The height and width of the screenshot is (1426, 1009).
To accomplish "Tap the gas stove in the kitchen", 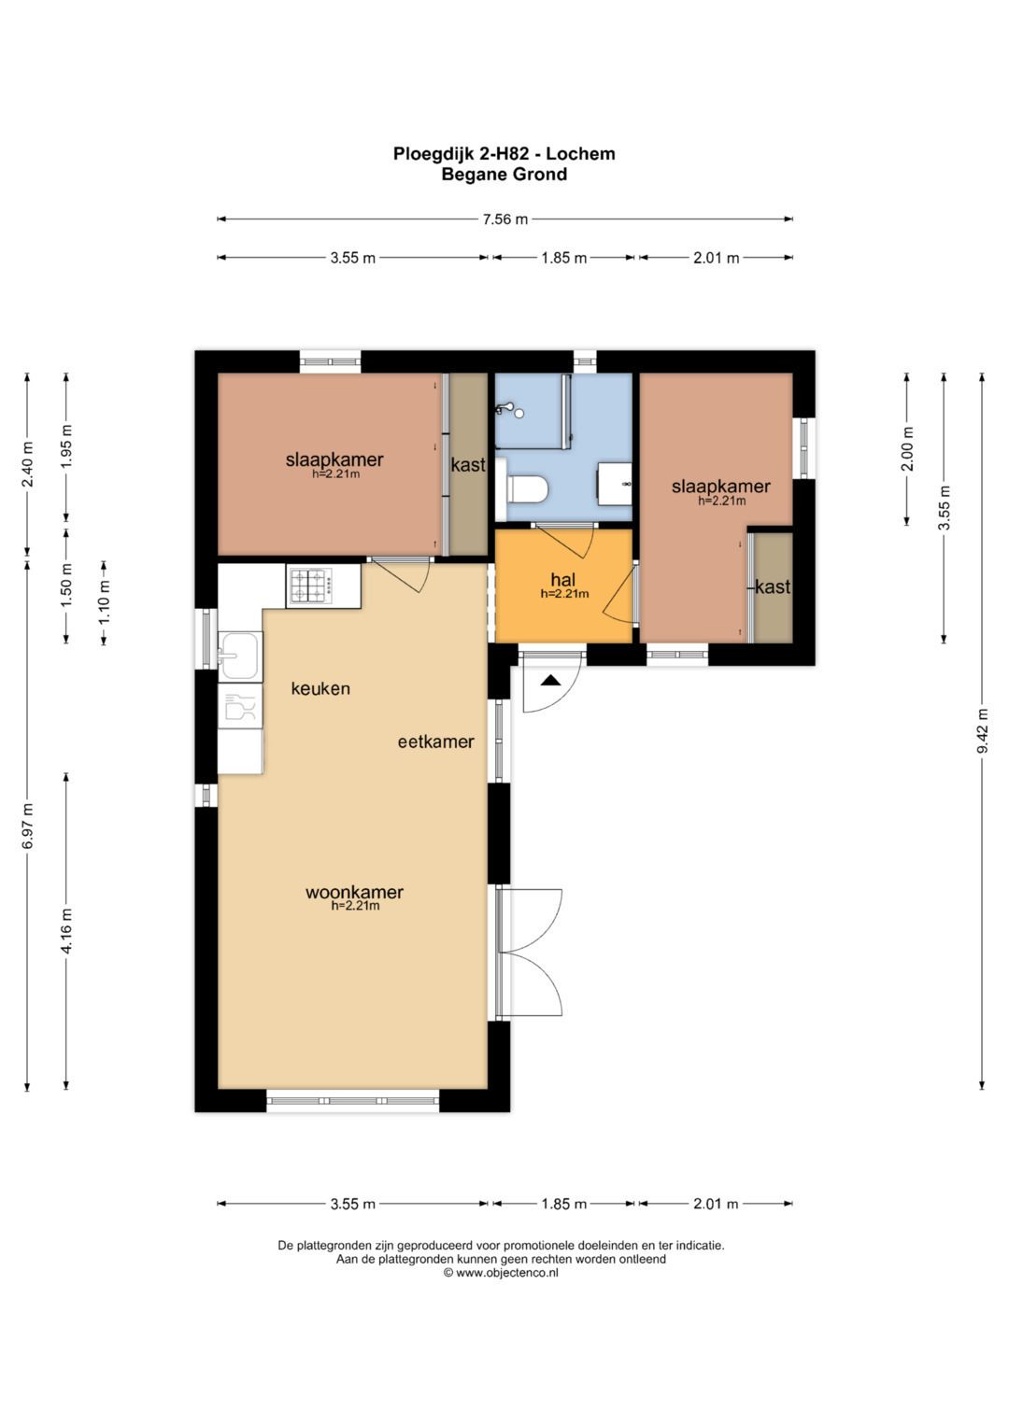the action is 311,586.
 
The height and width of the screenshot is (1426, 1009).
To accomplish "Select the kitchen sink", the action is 239,655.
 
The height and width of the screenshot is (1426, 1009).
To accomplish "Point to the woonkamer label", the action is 354,892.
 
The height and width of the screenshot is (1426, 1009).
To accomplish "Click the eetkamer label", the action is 435,741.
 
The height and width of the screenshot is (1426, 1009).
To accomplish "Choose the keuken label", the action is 320,688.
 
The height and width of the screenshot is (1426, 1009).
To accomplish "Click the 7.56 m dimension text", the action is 505,219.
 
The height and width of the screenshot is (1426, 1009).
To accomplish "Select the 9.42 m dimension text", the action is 982,730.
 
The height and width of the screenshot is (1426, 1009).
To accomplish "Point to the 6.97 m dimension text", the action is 27,825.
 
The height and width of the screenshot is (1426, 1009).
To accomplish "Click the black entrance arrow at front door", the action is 549,681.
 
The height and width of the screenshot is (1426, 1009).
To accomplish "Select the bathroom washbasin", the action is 614,483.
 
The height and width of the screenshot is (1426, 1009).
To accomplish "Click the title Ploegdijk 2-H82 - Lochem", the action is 504,153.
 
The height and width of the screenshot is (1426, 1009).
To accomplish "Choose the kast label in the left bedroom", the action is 468,465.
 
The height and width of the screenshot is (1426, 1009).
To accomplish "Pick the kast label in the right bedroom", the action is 773,586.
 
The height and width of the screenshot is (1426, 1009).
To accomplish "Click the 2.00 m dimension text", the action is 908,449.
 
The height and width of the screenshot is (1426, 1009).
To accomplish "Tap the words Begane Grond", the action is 504,175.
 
